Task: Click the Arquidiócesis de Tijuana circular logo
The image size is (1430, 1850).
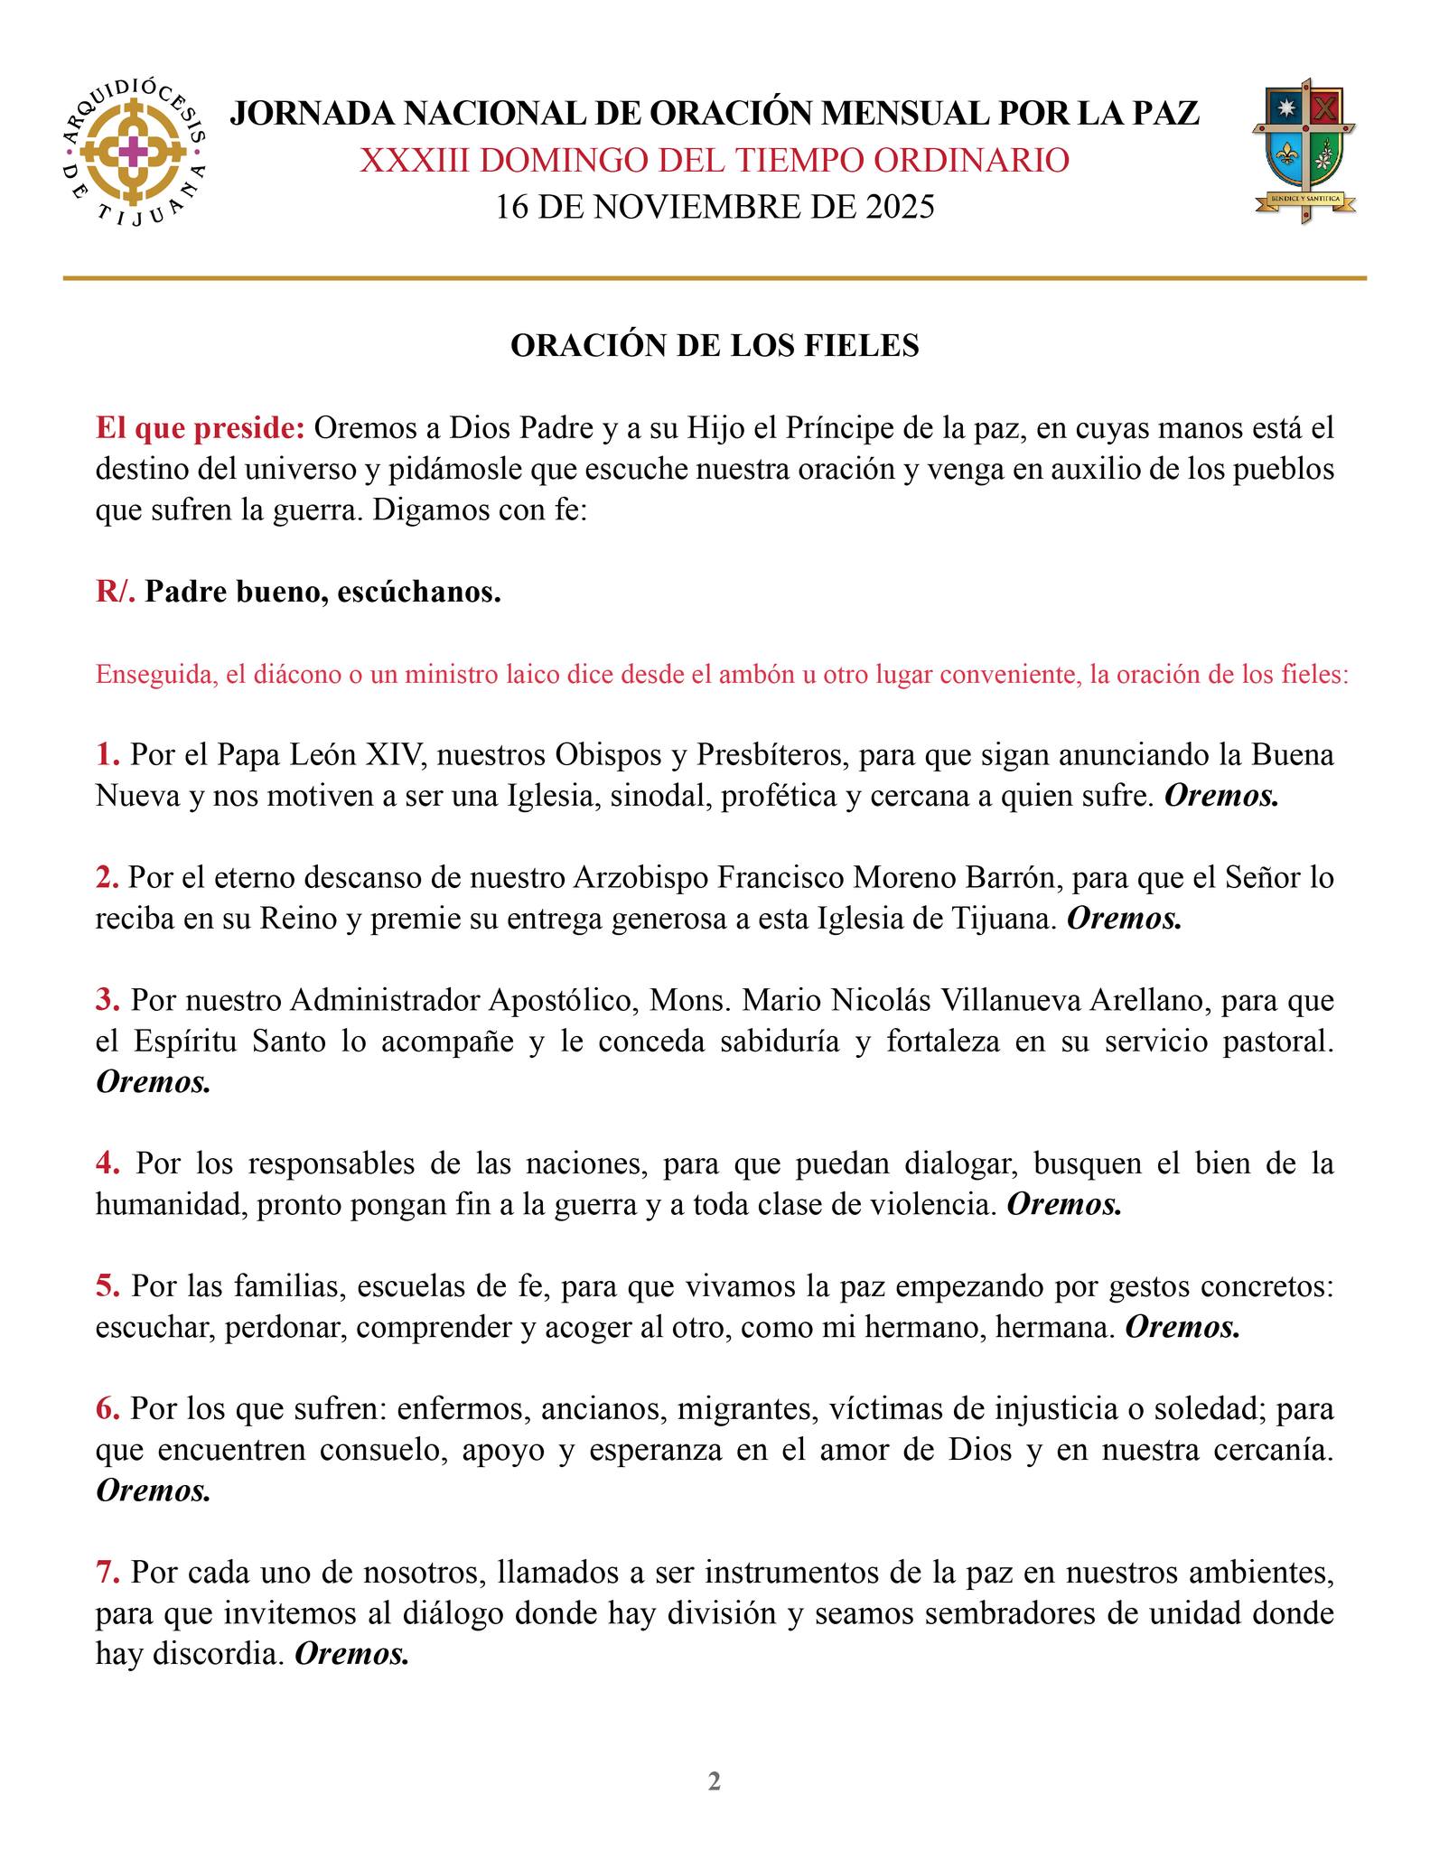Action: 134,153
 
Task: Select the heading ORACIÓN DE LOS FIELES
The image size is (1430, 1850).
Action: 715,346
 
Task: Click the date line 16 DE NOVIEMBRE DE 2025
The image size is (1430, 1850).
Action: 715,207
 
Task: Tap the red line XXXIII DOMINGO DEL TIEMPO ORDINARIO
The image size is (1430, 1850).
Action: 715,161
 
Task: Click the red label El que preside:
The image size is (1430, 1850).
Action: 201,428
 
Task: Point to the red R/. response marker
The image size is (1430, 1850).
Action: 116,593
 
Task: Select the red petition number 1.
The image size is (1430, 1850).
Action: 107,754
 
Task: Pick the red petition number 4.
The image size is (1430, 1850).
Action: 107,1163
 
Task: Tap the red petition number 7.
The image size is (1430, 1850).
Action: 107,1573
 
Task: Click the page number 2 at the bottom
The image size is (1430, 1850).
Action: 715,1781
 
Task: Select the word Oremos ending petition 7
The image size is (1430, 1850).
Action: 352,1654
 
